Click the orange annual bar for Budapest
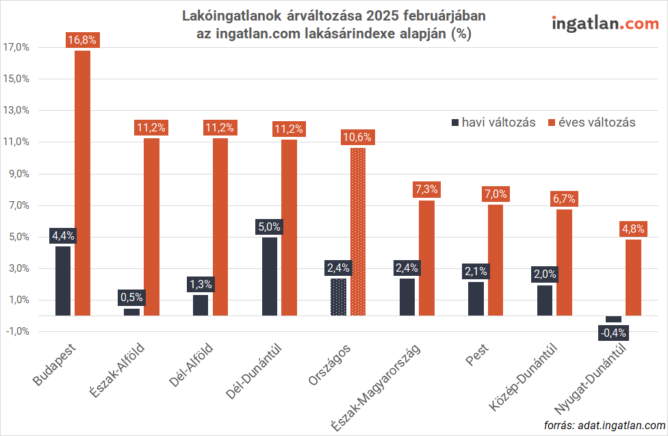click(x=82, y=183)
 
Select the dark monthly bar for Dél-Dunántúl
click(x=270, y=277)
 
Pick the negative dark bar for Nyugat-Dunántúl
click(x=613, y=319)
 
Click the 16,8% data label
click(x=82, y=40)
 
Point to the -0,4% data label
click(x=613, y=333)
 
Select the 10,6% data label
click(x=358, y=137)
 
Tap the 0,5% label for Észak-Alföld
click(x=131, y=297)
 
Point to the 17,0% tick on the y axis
click(x=16, y=47)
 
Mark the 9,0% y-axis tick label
click(x=16, y=174)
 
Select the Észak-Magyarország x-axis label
click(x=376, y=386)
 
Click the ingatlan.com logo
click(x=605, y=23)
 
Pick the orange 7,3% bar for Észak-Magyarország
click(x=426, y=258)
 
